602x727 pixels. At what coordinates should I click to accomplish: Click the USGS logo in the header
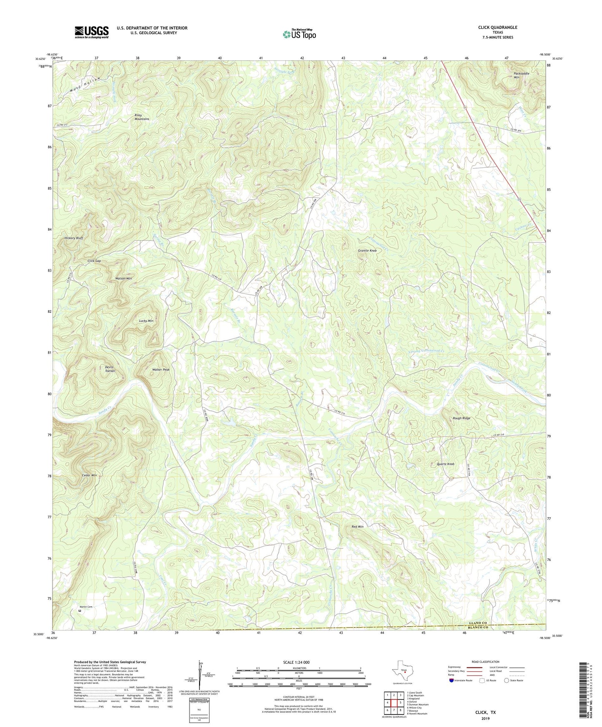point(92,32)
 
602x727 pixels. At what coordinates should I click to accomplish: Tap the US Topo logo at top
point(299,34)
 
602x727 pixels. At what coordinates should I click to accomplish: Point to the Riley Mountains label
point(142,117)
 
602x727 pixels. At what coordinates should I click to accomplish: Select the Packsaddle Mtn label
point(522,75)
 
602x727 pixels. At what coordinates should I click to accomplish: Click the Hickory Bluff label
point(74,238)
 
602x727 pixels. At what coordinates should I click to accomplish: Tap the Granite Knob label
point(367,251)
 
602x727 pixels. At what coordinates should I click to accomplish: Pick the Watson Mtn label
point(123,278)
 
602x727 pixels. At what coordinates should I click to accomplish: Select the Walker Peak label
point(161,370)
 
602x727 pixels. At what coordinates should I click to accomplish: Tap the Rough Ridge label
point(462,418)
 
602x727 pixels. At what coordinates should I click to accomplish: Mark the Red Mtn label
point(357,527)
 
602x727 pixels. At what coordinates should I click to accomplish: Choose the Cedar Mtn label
point(90,475)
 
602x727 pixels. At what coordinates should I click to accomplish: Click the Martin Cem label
point(87,607)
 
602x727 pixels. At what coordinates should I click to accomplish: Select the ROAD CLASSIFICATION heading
point(485,662)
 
